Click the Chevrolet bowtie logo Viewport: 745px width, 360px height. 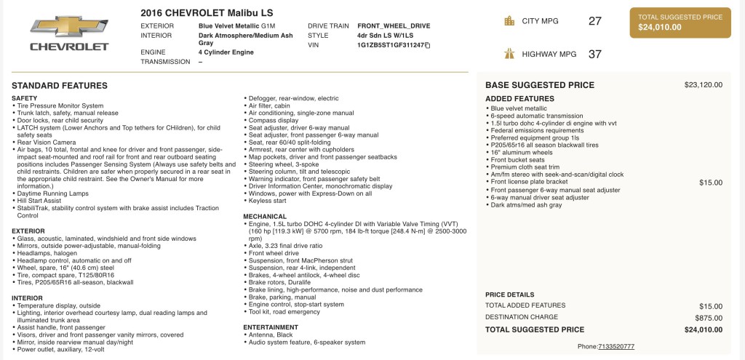(69, 26)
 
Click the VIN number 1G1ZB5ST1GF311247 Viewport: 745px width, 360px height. (390, 45)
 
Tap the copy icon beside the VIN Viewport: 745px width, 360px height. (428, 45)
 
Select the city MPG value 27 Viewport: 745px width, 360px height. (594, 21)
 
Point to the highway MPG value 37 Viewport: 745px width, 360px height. (594, 54)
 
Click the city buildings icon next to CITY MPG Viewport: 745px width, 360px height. (509, 21)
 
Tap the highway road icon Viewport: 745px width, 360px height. (509, 54)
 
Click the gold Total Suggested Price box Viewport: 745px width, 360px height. (680, 23)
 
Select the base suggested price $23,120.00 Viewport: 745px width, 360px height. (703, 85)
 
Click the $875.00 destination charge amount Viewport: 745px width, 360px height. (708, 318)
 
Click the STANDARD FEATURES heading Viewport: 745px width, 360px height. (60, 86)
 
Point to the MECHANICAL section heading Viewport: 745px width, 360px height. (265, 217)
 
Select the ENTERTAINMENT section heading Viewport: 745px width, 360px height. (271, 327)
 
